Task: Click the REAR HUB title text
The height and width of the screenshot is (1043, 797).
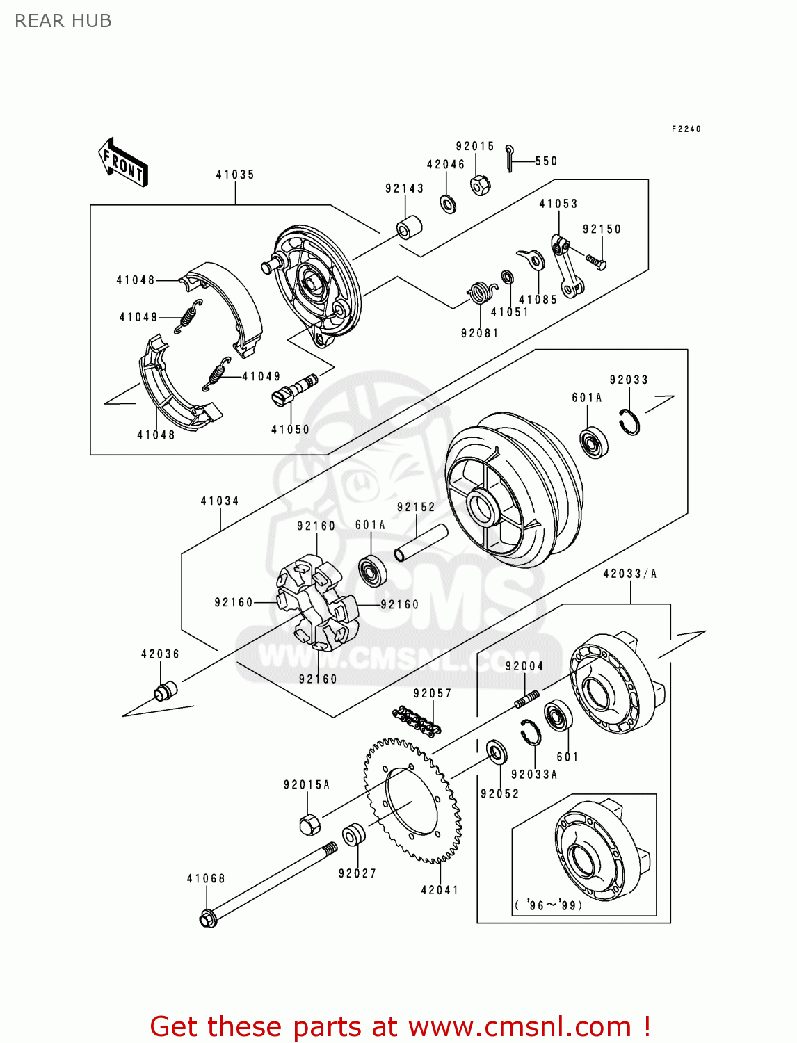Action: [63, 21]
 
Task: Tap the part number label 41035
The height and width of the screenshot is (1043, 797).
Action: [235, 175]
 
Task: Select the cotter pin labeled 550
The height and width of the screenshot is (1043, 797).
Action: [511, 157]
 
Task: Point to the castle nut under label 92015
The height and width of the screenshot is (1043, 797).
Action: [480, 185]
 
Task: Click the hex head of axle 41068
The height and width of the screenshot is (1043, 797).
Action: [208, 918]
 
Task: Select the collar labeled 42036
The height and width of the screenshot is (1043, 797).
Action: [165, 691]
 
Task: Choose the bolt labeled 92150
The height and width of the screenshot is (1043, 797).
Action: [596, 262]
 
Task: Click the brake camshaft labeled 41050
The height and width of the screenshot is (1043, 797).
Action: [295, 390]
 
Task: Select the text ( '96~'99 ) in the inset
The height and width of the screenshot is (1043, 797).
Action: [549, 905]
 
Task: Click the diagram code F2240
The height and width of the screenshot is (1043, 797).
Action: [686, 129]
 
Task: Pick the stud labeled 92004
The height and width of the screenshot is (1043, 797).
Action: [527, 699]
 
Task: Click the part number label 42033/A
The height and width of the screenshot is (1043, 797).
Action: [629, 574]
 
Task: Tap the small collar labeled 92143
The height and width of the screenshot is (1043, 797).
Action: [410, 227]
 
